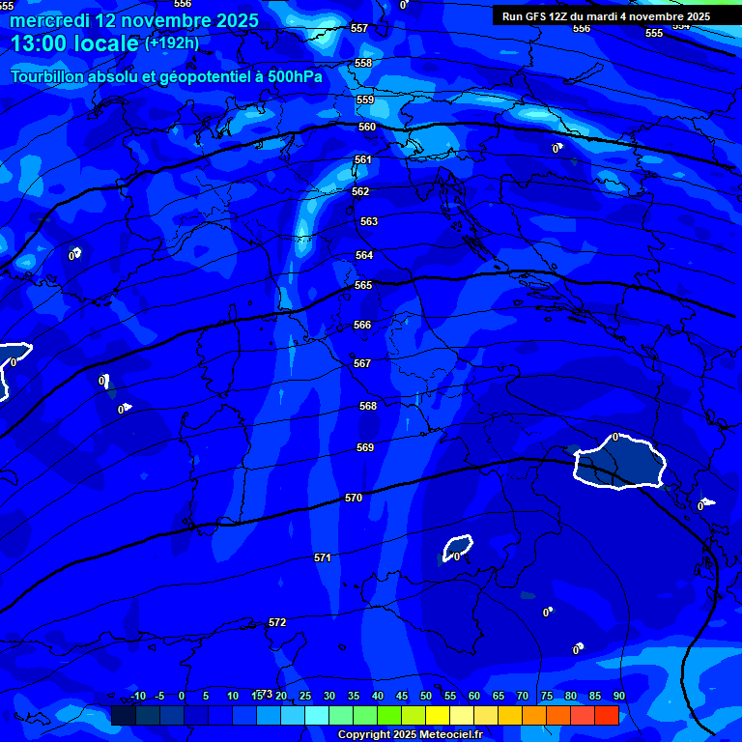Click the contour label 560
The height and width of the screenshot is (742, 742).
[366, 127]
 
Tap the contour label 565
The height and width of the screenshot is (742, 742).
[363, 285]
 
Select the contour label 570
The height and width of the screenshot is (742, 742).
[354, 498]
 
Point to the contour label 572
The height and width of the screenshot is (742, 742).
[277, 622]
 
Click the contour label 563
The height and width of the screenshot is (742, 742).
[368, 221]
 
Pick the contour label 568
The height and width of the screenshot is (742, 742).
[368, 406]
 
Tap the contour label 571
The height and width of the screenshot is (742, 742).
[323, 557]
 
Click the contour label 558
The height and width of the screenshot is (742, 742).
[363, 63]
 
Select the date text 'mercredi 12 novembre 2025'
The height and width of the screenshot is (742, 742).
[134, 20]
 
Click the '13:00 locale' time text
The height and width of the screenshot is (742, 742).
[74, 43]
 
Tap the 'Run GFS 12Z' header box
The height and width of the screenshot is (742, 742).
[606, 16]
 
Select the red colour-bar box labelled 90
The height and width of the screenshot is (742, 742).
[606, 715]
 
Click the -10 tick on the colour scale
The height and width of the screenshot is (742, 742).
[137, 697]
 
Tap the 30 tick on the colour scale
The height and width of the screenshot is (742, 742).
[329, 697]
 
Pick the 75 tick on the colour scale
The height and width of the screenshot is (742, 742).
[547, 697]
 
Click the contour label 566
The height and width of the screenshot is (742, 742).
[362, 326]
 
